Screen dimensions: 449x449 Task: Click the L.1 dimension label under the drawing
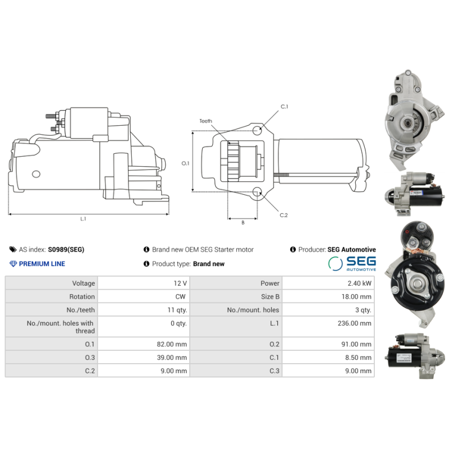tap(83, 219)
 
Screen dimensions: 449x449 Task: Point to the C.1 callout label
tap(285, 107)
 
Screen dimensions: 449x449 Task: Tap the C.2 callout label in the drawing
tap(283, 215)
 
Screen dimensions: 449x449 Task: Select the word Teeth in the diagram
tap(205, 121)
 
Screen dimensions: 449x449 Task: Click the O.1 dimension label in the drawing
tap(185, 163)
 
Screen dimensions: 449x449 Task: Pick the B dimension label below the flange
tap(243, 222)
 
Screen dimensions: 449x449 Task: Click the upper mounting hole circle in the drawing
tap(257, 131)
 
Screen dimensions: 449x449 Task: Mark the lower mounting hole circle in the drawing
tap(257, 192)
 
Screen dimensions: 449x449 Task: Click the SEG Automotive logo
tap(352, 263)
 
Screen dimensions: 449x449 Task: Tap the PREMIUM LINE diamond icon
tap(13, 264)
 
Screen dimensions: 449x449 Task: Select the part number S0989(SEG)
tap(66, 249)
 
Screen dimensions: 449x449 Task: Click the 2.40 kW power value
tap(359, 283)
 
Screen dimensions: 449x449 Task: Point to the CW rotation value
tap(180, 297)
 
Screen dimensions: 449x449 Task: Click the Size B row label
tap(270, 297)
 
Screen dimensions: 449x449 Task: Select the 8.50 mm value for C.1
tap(358, 358)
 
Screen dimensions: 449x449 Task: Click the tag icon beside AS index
tap(13, 249)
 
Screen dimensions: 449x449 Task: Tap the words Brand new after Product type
tap(209, 264)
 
